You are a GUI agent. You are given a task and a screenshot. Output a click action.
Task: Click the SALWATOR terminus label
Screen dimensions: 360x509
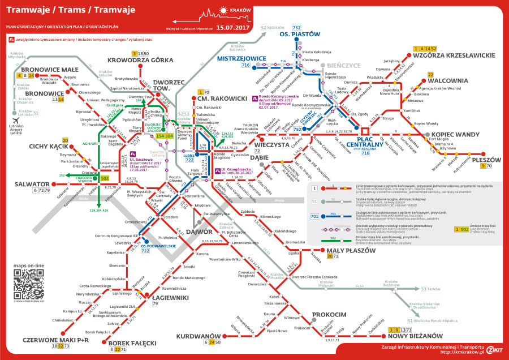[16, 184]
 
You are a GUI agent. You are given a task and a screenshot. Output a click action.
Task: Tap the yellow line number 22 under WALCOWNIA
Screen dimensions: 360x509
[430, 74]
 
